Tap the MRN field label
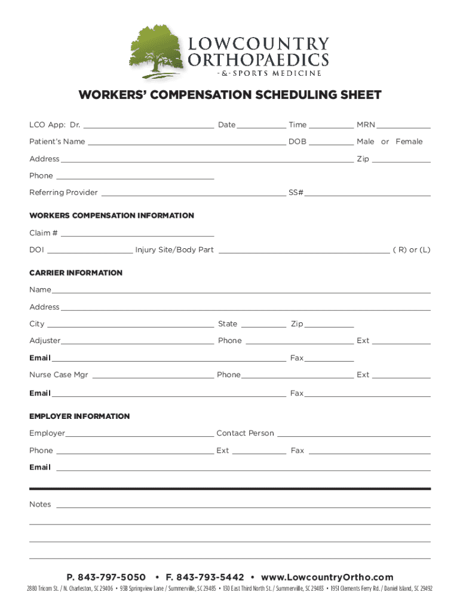click(366, 125)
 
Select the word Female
click(409, 141)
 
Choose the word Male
click(366, 141)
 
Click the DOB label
click(297, 141)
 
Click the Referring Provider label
click(63, 193)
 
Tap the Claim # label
click(44, 233)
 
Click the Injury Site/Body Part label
click(174, 250)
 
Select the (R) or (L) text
click(411, 250)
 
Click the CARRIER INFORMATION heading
click(76, 273)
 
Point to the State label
click(228, 324)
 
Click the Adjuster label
click(45, 341)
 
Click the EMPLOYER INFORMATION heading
click(79, 416)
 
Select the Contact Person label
click(245, 433)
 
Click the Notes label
click(40, 504)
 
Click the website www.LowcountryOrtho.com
click(327, 577)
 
